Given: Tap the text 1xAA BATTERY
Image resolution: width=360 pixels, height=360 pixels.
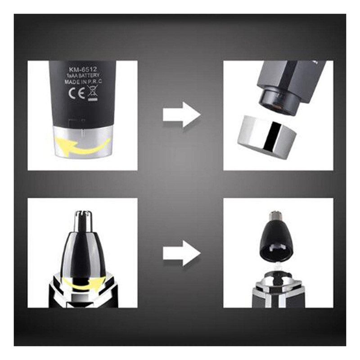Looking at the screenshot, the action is coord(83,76).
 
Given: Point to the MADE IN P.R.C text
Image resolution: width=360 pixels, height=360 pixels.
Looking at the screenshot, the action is coord(83,82).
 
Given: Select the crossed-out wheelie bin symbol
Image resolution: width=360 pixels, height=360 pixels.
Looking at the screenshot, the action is coord(93,93).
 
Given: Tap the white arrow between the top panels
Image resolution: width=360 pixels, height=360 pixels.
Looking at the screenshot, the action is coord(182,115).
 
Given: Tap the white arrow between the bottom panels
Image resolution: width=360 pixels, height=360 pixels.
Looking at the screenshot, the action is coord(182,253).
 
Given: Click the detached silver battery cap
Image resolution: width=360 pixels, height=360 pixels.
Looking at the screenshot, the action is coord(267,137).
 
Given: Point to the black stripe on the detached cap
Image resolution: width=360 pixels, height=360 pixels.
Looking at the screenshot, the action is coord(271,136).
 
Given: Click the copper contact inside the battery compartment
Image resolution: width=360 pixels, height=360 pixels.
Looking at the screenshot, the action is coord(277,106).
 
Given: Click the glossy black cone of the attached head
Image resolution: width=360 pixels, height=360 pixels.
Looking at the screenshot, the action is coord(83,252).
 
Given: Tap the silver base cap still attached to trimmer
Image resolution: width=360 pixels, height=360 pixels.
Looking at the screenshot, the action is coord(83,142).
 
